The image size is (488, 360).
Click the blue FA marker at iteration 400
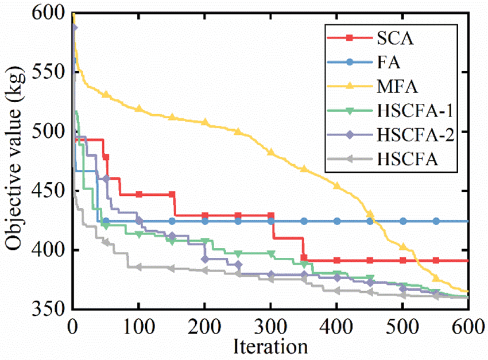(337, 221)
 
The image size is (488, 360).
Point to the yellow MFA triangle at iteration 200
(205, 122)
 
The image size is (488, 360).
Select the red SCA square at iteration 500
(403, 261)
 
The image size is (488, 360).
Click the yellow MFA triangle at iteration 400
(337, 185)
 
